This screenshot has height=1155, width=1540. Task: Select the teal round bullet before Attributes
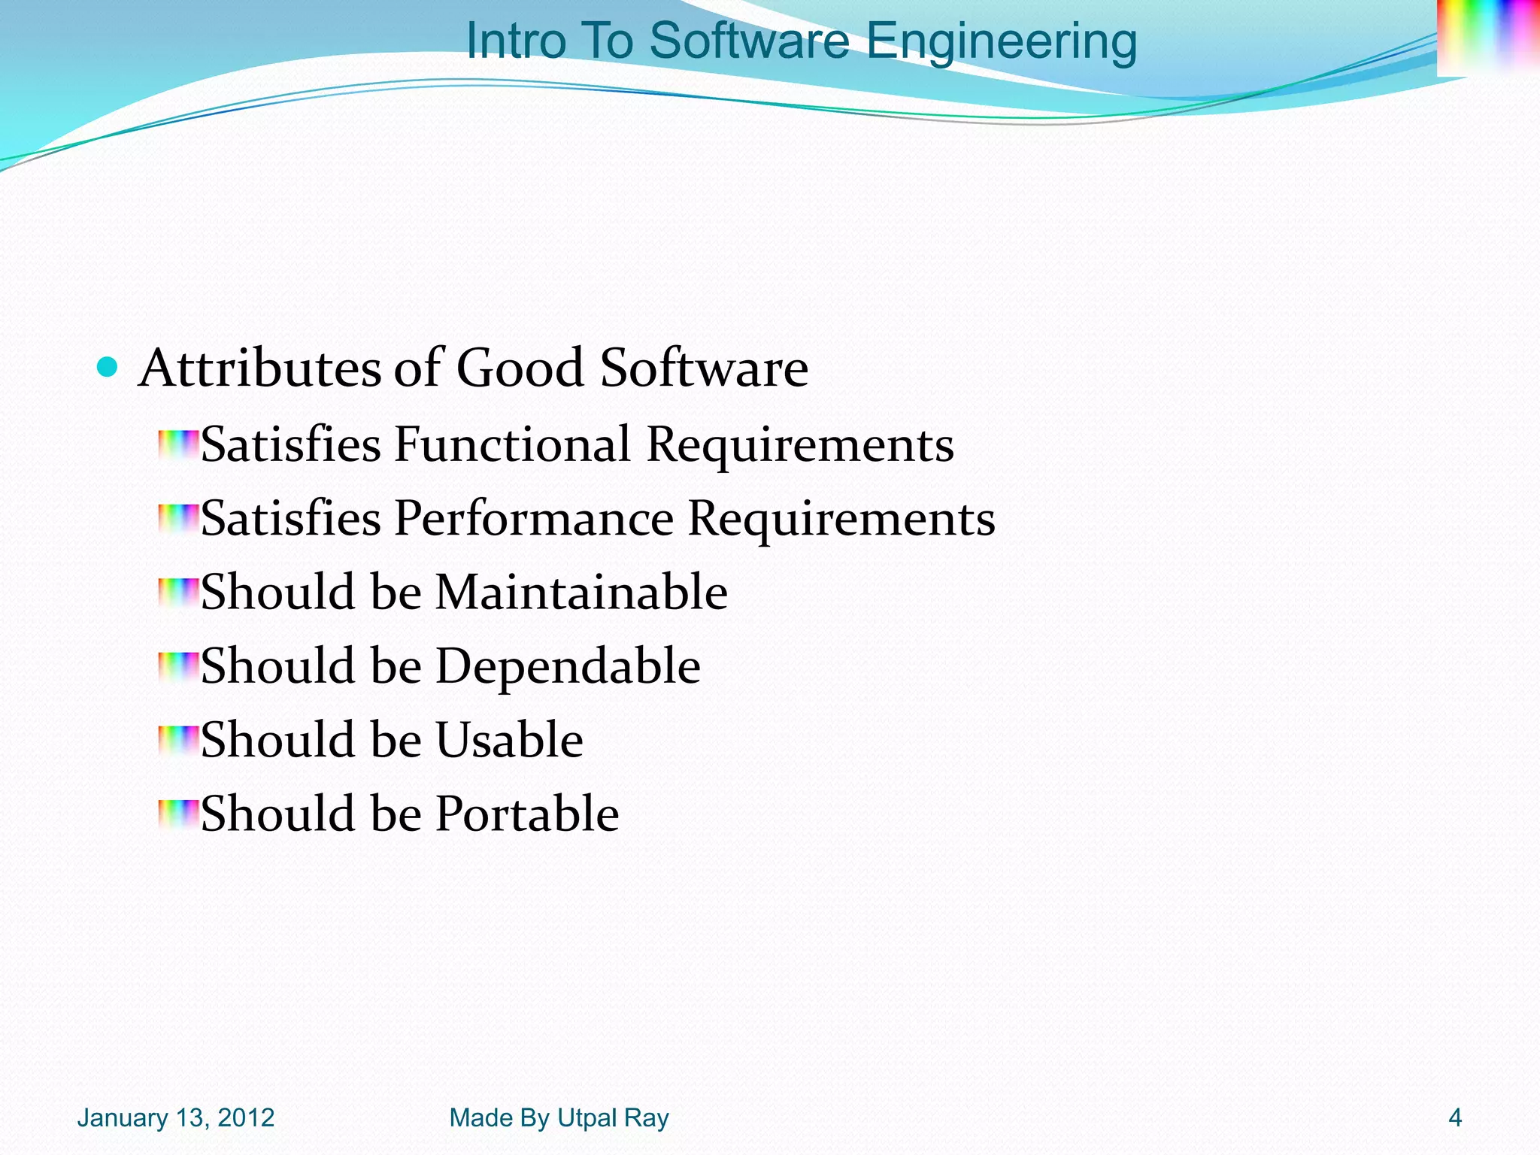[x=108, y=368]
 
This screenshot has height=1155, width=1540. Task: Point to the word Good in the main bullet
[x=520, y=368]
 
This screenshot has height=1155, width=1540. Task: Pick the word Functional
[x=512, y=444]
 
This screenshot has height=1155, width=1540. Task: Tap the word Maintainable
[x=581, y=592]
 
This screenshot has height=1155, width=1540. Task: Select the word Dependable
[x=568, y=667]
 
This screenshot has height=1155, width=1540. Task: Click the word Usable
[x=509, y=740]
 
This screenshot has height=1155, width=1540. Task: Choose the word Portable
[x=527, y=814]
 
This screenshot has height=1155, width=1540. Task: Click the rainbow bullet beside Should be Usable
[x=178, y=740]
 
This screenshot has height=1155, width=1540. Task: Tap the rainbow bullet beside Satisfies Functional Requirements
[x=178, y=444]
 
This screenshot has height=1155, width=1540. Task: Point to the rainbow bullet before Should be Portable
[x=178, y=814]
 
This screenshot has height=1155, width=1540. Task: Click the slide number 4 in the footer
[x=1455, y=1118]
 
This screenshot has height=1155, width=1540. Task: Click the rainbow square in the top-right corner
[x=1487, y=38]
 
